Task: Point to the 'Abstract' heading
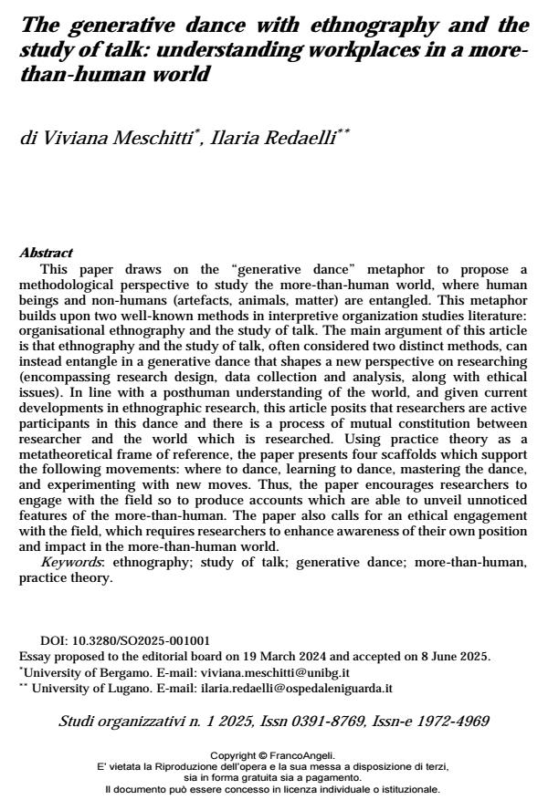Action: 46,253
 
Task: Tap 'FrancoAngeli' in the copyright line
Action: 303,755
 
